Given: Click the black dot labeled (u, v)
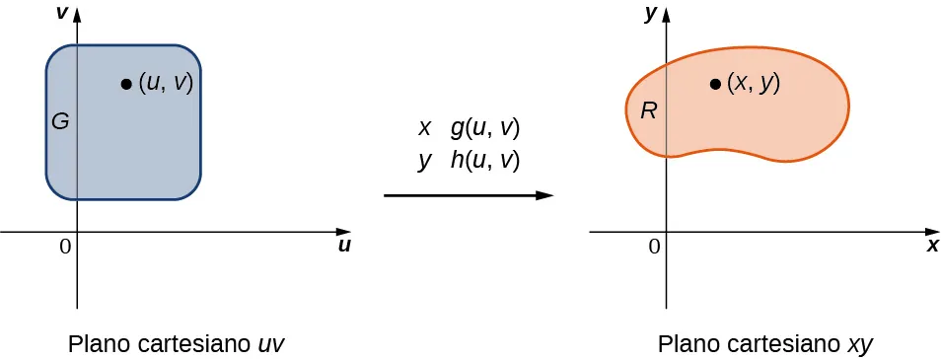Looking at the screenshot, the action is (126, 84).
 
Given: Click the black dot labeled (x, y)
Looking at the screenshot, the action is (714, 84).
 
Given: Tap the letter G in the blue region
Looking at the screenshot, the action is (59, 122).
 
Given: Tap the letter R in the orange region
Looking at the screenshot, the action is (648, 110).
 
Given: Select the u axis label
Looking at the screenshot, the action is (344, 246).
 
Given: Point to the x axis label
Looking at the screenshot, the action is (932, 246).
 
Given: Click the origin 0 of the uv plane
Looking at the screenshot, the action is (65, 247).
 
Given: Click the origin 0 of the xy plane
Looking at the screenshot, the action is (654, 247).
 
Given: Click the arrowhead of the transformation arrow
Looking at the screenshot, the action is (544, 195).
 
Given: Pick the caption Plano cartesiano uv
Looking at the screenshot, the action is (177, 344).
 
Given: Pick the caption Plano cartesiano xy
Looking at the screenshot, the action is (765, 344).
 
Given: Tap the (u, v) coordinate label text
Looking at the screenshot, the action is (165, 84).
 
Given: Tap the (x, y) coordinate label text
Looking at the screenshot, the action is (754, 84).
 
